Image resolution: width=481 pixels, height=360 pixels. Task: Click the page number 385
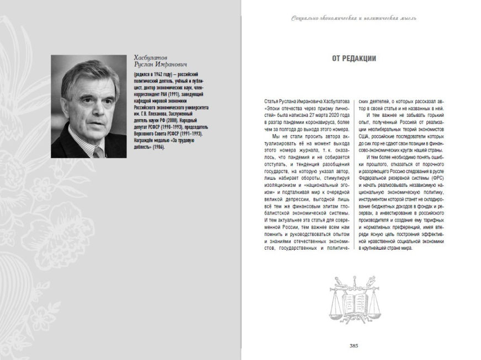[354, 346]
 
